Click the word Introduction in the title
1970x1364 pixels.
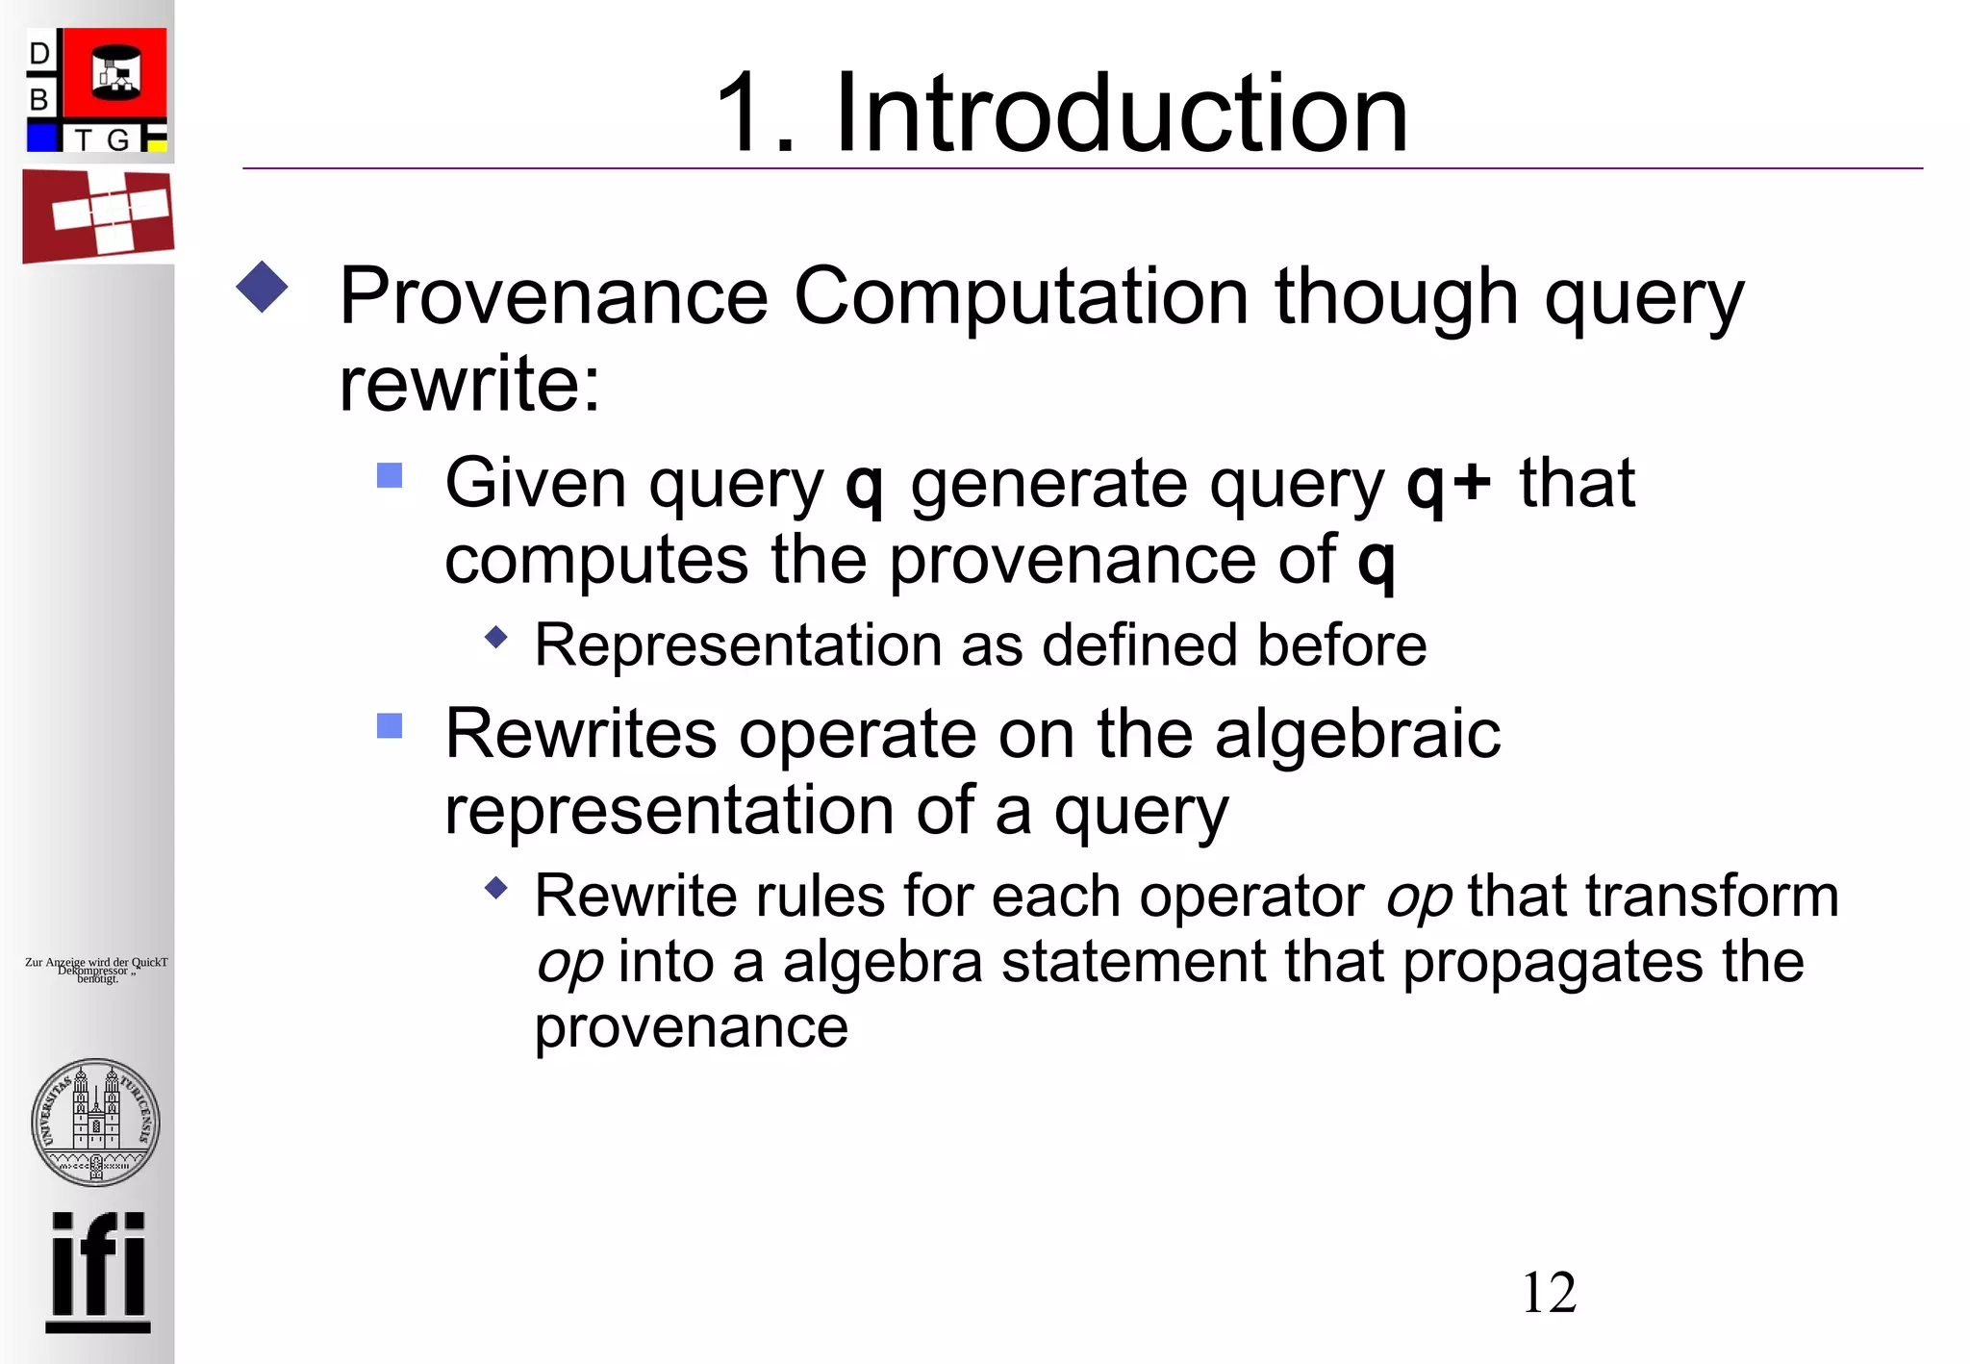(1121, 114)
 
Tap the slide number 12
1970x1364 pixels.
(1548, 1292)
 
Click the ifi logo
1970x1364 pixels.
(98, 1272)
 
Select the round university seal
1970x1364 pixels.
(95, 1122)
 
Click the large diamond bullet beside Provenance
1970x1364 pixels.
(262, 287)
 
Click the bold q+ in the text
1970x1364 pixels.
(1448, 483)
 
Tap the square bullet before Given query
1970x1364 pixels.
(390, 475)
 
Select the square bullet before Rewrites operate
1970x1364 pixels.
(390, 725)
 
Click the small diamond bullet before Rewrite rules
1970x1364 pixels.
(496, 887)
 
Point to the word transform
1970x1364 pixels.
(1711, 897)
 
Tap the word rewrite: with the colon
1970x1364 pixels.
(470, 383)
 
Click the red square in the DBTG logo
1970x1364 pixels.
(114, 74)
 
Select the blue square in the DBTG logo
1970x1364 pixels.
(42, 138)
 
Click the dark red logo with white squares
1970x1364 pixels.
(98, 215)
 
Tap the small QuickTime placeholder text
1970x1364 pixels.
(96, 970)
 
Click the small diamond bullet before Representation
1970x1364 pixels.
(496, 637)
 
